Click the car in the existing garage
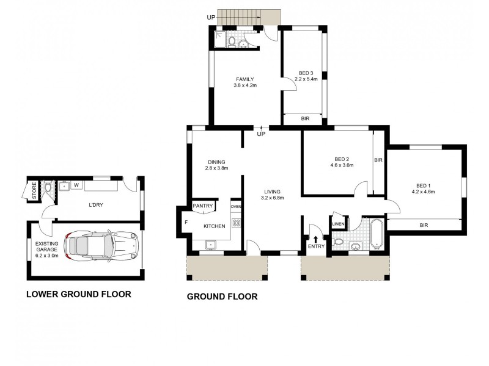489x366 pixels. tap(101, 245)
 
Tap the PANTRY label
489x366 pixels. tap(203, 206)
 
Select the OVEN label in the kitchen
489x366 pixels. tap(236, 206)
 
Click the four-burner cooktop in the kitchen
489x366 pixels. tap(236, 223)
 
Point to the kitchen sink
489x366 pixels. tap(211, 245)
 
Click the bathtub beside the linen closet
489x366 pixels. tap(377, 234)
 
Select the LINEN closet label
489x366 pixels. tap(338, 224)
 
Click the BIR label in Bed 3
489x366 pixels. tap(305, 118)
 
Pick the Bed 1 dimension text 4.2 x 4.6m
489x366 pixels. tap(423, 192)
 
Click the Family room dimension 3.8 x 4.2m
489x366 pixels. tap(245, 85)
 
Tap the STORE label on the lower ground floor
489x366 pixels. tap(34, 191)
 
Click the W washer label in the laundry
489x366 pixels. tap(76, 185)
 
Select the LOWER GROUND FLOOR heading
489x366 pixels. tap(79, 294)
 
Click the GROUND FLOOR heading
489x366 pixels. tap(222, 296)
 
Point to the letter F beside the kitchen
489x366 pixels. tap(186, 222)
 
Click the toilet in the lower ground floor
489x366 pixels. tap(48, 187)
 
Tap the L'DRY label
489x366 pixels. tap(96, 205)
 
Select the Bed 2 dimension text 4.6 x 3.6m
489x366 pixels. tap(342, 165)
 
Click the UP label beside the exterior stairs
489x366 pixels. tap(211, 18)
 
